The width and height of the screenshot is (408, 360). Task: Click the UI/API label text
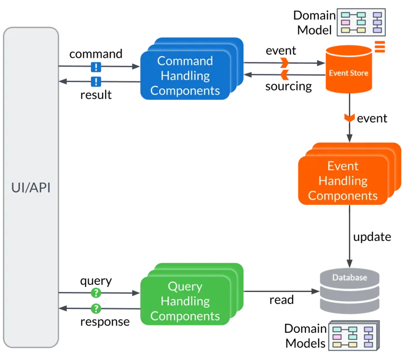tap(31, 188)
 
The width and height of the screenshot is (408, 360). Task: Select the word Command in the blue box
tap(185, 61)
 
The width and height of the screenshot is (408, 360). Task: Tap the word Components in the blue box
tap(185, 90)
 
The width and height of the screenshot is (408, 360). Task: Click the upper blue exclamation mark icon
tap(96, 67)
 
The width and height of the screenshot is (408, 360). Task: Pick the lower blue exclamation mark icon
tap(96, 81)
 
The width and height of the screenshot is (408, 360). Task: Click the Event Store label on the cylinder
tap(348, 73)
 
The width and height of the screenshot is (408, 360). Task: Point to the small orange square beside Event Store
tap(380, 47)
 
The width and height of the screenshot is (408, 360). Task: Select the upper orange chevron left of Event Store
tap(285, 64)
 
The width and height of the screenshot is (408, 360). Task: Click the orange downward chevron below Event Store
tap(349, 116)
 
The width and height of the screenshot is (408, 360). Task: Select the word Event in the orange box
tap(343, 166)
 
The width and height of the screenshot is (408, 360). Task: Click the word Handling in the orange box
tap(343, 181)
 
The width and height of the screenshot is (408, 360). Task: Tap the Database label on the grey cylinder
tap(350, 278)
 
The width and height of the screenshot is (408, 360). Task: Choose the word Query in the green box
tap(185, 287)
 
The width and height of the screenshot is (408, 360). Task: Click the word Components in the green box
tap(185, 316)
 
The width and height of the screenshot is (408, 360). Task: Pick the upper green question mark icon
tap(96, 292)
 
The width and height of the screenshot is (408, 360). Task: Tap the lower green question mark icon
tap(96, 308)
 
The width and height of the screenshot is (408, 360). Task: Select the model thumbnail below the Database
tap(351, 336)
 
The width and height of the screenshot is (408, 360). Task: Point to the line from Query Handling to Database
tap(279, 291)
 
